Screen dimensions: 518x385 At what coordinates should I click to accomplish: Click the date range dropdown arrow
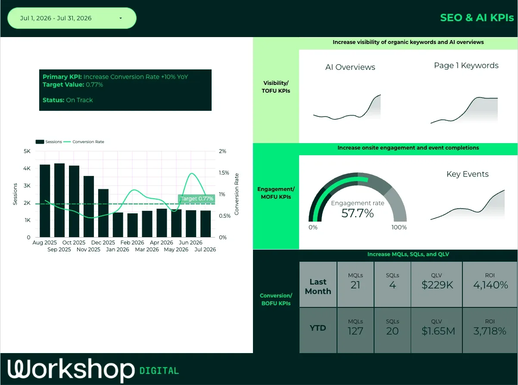pos(121,18)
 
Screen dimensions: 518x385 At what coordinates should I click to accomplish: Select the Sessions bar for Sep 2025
pos(59,200)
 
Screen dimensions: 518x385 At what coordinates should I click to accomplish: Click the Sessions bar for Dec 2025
pos(103,213)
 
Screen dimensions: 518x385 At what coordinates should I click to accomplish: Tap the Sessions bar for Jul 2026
pos(206,224)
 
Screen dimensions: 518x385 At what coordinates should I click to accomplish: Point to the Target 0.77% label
pos(197,199)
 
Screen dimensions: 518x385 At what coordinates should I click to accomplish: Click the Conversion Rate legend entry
pos(84,142)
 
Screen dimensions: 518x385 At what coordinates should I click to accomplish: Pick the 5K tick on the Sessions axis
pos(27,151)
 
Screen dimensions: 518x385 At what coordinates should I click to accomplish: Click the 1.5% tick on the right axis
pos(224,172)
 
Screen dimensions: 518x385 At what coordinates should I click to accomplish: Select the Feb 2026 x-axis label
pos(132,242)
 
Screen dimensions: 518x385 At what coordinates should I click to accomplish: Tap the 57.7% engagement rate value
pos(357,213)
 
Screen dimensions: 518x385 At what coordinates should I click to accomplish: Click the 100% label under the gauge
pos(399,227)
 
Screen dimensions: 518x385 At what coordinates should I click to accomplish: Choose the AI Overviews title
pos(350,67)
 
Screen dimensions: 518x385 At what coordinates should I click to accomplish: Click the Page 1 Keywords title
pos(466,66)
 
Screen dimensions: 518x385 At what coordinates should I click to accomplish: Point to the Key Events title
pos(468,174)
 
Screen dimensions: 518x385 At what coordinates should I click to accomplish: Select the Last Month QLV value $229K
pos(437,285)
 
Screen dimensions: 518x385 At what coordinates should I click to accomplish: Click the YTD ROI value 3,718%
pos(490,331)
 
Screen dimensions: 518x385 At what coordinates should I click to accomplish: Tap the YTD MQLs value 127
pos(355,331)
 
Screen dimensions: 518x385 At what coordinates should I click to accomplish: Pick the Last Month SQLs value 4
pos(393,285)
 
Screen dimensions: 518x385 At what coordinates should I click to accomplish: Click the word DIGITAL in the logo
pos(159,371)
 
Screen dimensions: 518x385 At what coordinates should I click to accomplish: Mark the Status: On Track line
pos(68,100)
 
